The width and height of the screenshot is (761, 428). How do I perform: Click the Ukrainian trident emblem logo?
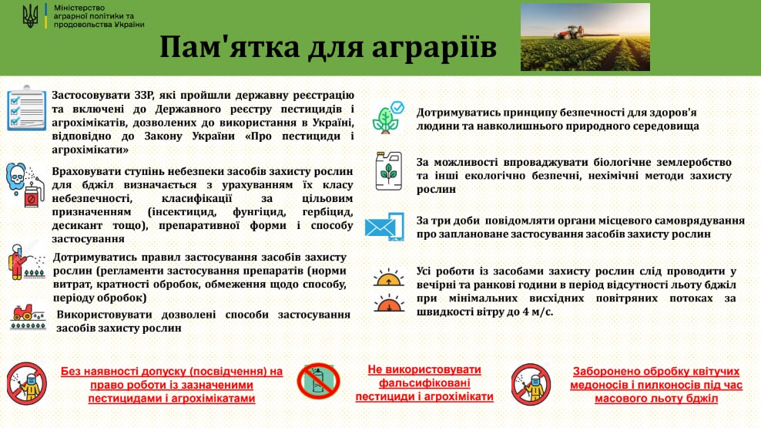coord(31,16)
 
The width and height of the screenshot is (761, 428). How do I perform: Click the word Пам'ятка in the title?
coord(230,47)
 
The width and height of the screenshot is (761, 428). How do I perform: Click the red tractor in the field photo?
coord(569,32)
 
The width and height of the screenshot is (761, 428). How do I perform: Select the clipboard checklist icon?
coord(27,109)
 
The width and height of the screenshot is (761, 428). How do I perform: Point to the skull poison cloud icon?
coord(16,178)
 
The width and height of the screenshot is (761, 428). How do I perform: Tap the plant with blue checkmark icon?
coord(388,117)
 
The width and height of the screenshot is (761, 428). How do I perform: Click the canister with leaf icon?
coord(389,170)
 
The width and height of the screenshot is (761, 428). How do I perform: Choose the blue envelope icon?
coord(384,227)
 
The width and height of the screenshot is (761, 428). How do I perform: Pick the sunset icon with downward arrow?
coord(389,303)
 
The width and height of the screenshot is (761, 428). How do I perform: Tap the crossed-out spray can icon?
coord(318,382)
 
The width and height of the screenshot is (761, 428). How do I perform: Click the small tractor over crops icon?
coord(28,317)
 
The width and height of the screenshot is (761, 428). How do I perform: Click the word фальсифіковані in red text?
coord(424,383)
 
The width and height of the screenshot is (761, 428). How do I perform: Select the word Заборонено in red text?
coord(601,372)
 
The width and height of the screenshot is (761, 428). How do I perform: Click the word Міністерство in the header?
coord(79,8)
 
